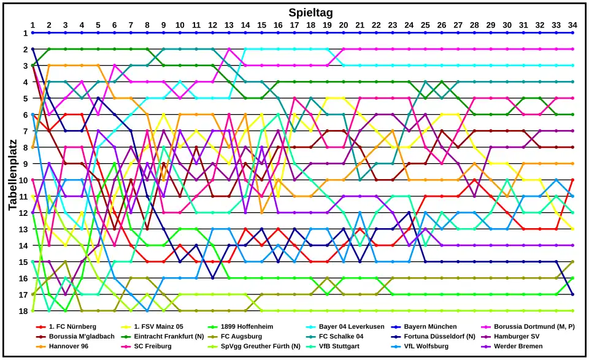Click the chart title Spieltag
[x=310, y=12]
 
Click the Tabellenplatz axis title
[x=13, y=172]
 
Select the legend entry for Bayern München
[x=430, y=326]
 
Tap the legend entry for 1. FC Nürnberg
[x=70, y=326]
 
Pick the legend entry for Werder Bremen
[x=518, y=346]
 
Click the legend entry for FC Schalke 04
[x=341, y=336]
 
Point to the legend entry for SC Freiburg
[x=153, y=346]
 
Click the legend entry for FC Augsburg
[x=242, y=336]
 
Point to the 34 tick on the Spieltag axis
[x=572, y=25]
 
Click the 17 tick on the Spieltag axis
[x=294, y=25]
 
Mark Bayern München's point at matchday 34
[x=572, y=33]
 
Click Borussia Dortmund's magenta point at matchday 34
[x=572, y=49]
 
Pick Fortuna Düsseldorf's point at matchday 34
[x=572, y=294]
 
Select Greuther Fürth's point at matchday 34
[x=572, y=311]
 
